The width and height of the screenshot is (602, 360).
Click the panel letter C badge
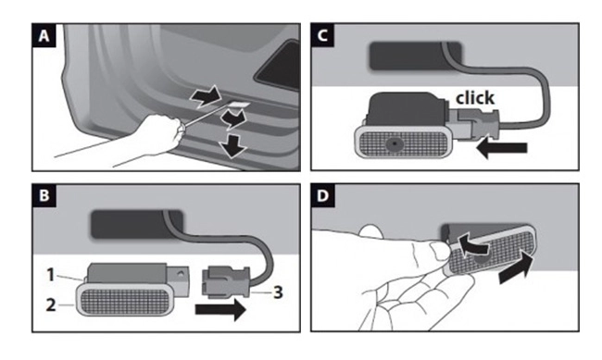(x=324, y=37)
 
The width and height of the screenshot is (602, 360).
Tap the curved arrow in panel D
(x=471, y=244)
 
